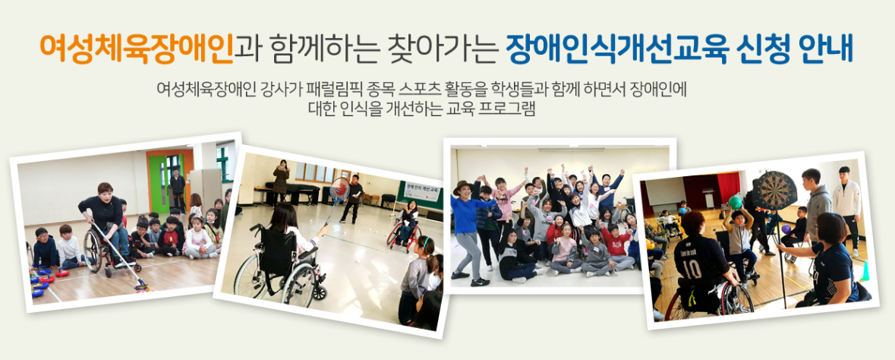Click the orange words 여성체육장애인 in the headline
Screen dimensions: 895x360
(x=137, y=49)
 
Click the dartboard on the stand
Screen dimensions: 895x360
(x=774, y=191)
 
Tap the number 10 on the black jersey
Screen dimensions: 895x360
(x=692, y=269)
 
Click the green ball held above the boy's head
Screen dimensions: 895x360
(x=735, y=202)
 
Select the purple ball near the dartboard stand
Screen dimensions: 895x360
(x=786, y=229)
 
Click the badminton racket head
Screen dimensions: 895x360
(x=339, y=188)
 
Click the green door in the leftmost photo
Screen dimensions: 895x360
(x=157, y=183)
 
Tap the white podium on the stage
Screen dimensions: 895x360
(x=707, y=197)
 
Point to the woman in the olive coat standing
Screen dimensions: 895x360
(x=280, y=182)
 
